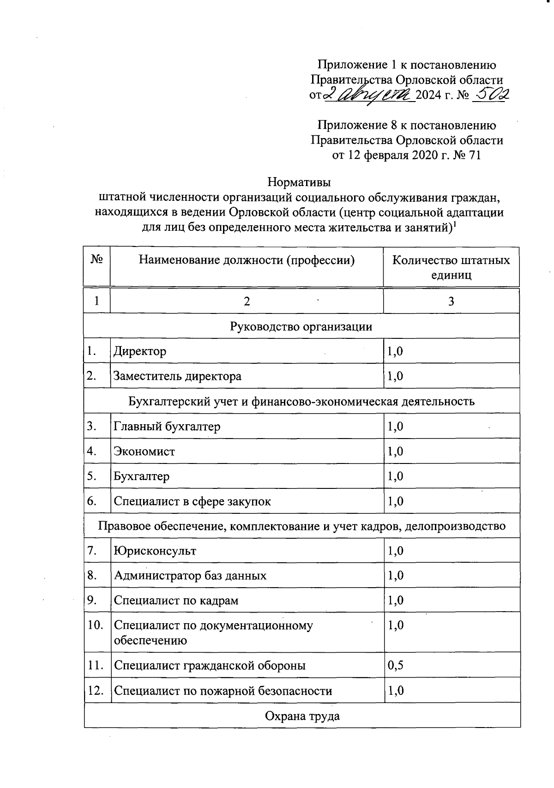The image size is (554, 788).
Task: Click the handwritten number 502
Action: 492,95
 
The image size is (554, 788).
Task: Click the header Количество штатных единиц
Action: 451,267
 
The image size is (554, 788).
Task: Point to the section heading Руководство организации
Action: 301,326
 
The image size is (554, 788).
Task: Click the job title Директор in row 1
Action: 140,351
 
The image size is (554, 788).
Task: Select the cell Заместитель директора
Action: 178,376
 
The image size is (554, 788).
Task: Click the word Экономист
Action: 145,451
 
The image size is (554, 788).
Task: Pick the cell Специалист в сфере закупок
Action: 193,501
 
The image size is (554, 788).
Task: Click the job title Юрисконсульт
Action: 155,551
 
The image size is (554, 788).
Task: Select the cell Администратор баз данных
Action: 190,576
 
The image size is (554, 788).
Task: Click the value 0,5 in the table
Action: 396,665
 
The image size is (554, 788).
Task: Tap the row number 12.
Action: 95,691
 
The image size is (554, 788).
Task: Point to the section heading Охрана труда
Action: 302,716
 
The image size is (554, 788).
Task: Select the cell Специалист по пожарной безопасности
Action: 223,691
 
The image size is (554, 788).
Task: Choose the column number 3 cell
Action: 451,301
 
